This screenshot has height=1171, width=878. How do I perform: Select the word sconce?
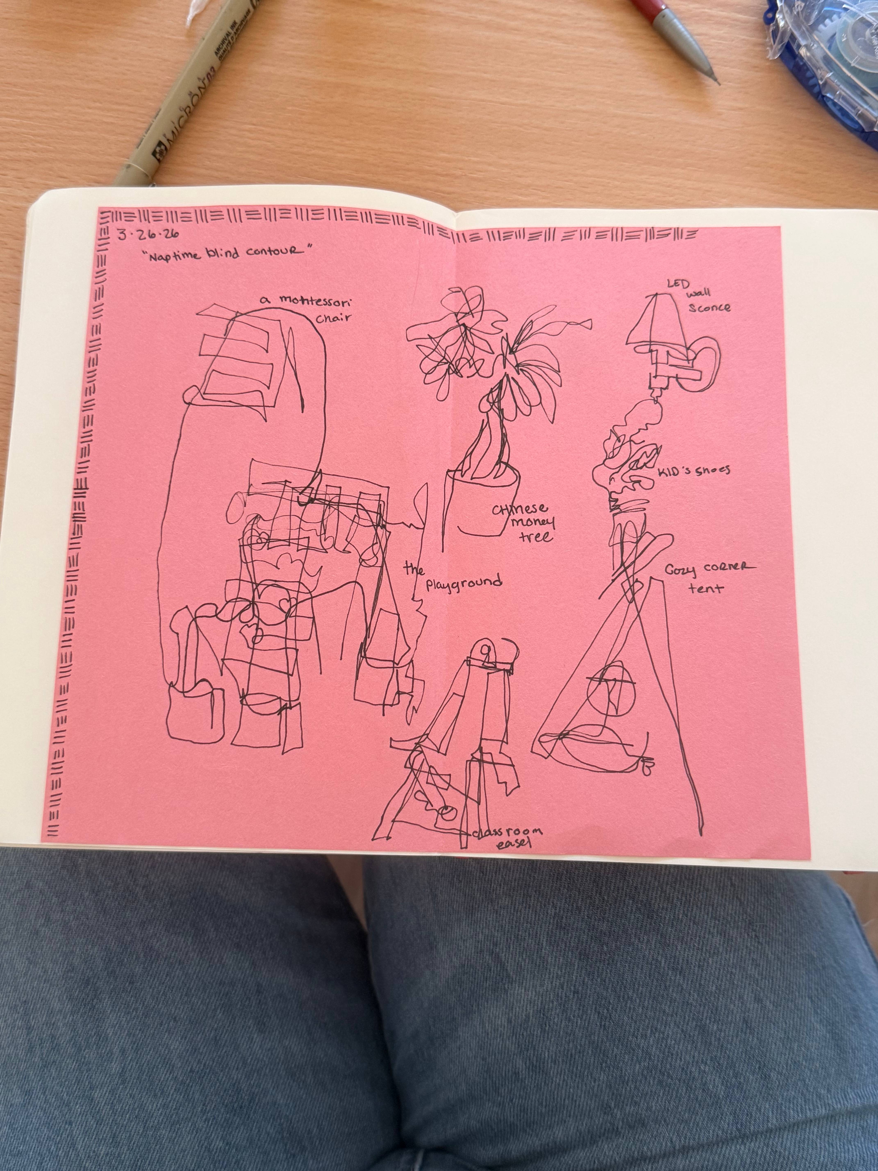coord(709,307)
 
